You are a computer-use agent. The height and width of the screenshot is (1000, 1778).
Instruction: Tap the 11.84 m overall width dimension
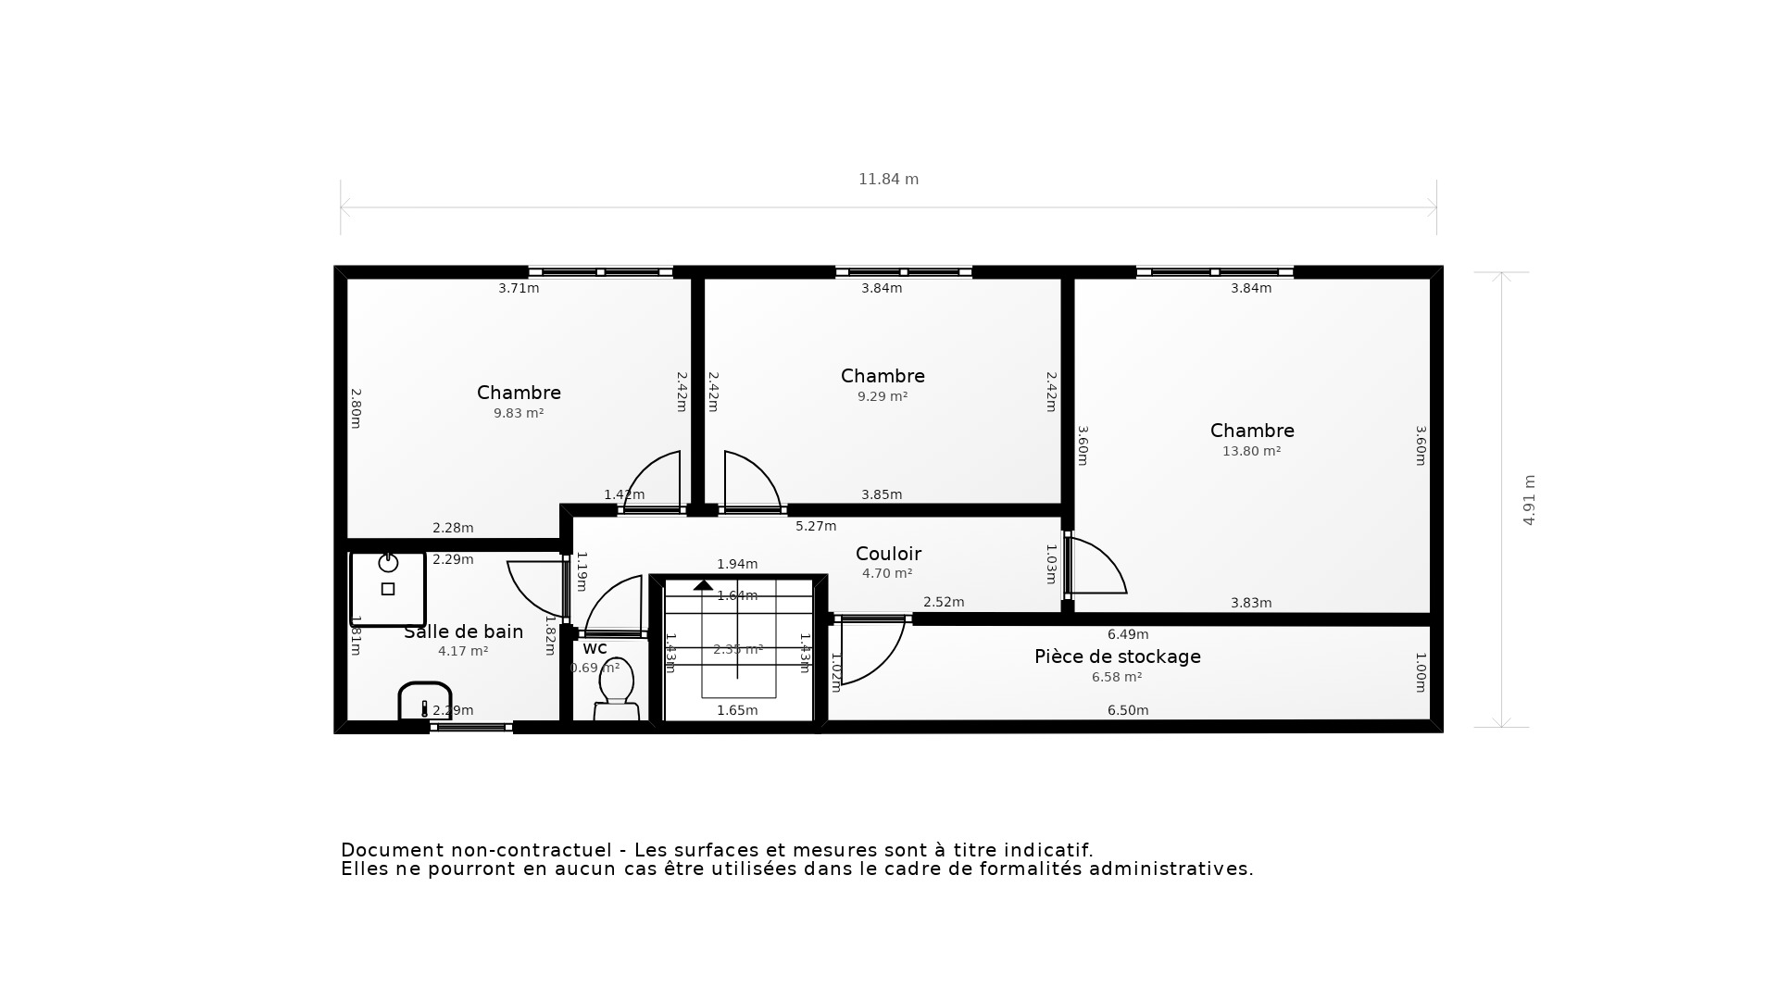[x=888, y=180]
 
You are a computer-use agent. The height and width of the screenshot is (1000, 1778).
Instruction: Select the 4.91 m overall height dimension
[x=1529, y=500]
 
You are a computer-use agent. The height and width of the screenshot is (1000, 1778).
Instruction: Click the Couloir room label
[x=888, y=554]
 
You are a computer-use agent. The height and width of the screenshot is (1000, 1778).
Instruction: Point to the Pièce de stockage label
[x=1117, y=656]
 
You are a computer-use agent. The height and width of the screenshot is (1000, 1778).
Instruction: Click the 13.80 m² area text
[x=1251, y=452]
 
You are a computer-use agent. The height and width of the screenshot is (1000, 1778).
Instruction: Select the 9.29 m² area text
[x=882, y=397]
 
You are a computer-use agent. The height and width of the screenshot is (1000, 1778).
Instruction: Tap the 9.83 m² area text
[x=519, y=414]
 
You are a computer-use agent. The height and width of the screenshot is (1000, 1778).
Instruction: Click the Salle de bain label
[x=463, y=631]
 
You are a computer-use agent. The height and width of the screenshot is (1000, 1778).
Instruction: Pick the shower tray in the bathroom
[x=388, y=588]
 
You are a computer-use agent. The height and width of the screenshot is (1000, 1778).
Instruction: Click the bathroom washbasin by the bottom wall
[x=425, y=702]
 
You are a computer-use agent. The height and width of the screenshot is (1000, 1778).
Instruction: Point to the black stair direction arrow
[x=704, y=585]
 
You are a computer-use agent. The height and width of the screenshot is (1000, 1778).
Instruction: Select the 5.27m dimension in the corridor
[x=816, y=526]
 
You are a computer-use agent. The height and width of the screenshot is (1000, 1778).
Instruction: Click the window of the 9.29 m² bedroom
[x=903, y=272]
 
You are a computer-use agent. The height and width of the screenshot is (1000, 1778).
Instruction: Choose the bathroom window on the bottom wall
[x=471, y=728]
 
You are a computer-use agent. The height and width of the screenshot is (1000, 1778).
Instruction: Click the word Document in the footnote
[x=383, y=850]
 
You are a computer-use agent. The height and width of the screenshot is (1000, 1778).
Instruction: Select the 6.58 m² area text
[x=1116, y=678]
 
